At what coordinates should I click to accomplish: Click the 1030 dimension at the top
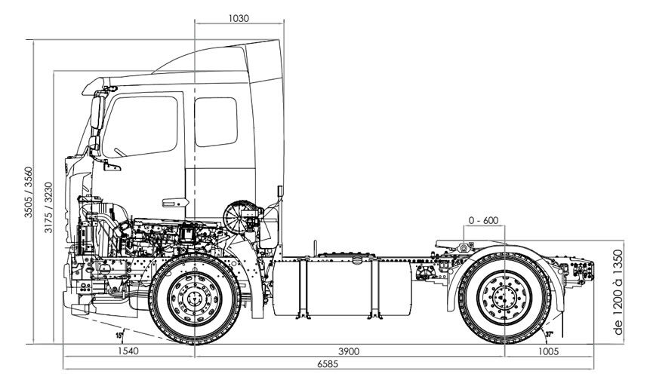[238, 17]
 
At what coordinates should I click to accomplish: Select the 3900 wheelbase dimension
[348, 351]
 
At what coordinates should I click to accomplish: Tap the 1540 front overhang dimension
[128, 351]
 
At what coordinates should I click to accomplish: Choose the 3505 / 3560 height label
[28, 192]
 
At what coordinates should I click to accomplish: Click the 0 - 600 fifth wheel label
[484, 220]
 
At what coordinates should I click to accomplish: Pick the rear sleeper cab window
[216, 121]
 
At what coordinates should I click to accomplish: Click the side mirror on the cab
[96, 113]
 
